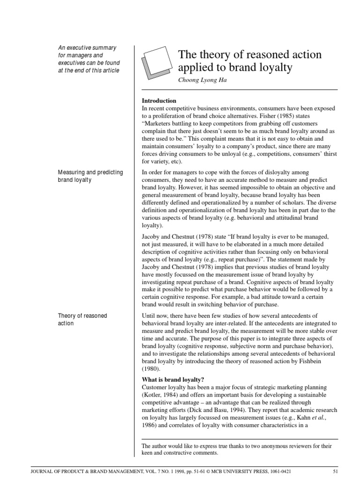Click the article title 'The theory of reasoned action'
[x=250, y=55]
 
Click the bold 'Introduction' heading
[x=159, y=101]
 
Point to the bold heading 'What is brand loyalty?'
[x=173, y=379]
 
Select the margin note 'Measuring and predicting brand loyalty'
[x=90, y=176]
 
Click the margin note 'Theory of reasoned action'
[x=82, y=320]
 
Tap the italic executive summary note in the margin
[x=89, y=59]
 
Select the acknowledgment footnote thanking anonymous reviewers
[x=237, y=450]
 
